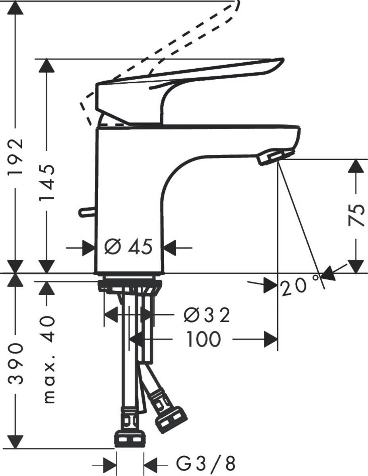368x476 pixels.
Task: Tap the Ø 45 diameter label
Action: (x=128, y=248)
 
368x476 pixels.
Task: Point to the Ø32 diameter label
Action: (x=207, y=316)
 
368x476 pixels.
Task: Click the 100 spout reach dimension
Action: (x=203, y=340)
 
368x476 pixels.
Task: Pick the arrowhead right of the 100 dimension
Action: (x=271, y=340)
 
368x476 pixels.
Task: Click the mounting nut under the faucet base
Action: (x=130, y=285)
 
